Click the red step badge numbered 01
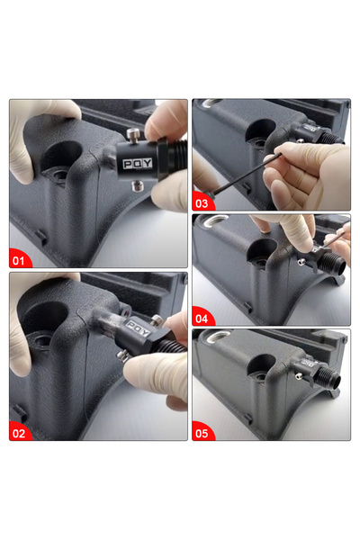point(19,258)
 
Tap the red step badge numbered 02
point(19,432)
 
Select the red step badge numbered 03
point(202,202)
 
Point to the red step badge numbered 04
point(202,317)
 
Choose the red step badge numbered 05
point(202,432)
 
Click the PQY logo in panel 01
point(138,164)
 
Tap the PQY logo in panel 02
point(138,328)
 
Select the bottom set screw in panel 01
point(137,186)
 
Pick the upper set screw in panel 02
point(157,320)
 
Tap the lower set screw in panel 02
point(122,355)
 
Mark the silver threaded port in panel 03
point(211,103)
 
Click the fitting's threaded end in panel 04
point(334,263)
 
